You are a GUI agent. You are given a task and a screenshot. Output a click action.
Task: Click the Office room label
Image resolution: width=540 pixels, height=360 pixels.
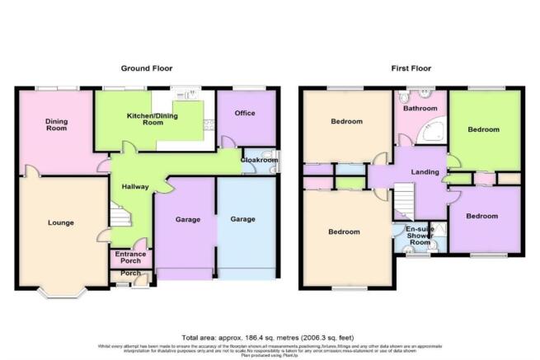pos(245,114)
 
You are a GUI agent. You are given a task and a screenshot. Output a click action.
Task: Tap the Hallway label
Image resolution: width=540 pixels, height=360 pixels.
pos(135,186)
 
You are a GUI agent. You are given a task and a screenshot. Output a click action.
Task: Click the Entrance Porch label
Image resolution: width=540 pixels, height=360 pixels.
pos(130,258)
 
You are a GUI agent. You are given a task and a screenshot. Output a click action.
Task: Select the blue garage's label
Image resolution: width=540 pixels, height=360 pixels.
pos(242,219)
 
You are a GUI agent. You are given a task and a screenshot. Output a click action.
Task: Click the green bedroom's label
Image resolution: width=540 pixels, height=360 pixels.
pos(483,130)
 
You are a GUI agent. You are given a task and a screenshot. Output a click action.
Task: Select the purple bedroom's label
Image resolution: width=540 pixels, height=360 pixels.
pos(482,216)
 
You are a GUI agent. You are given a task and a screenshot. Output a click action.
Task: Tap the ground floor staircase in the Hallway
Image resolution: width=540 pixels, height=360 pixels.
pos(121,217)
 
